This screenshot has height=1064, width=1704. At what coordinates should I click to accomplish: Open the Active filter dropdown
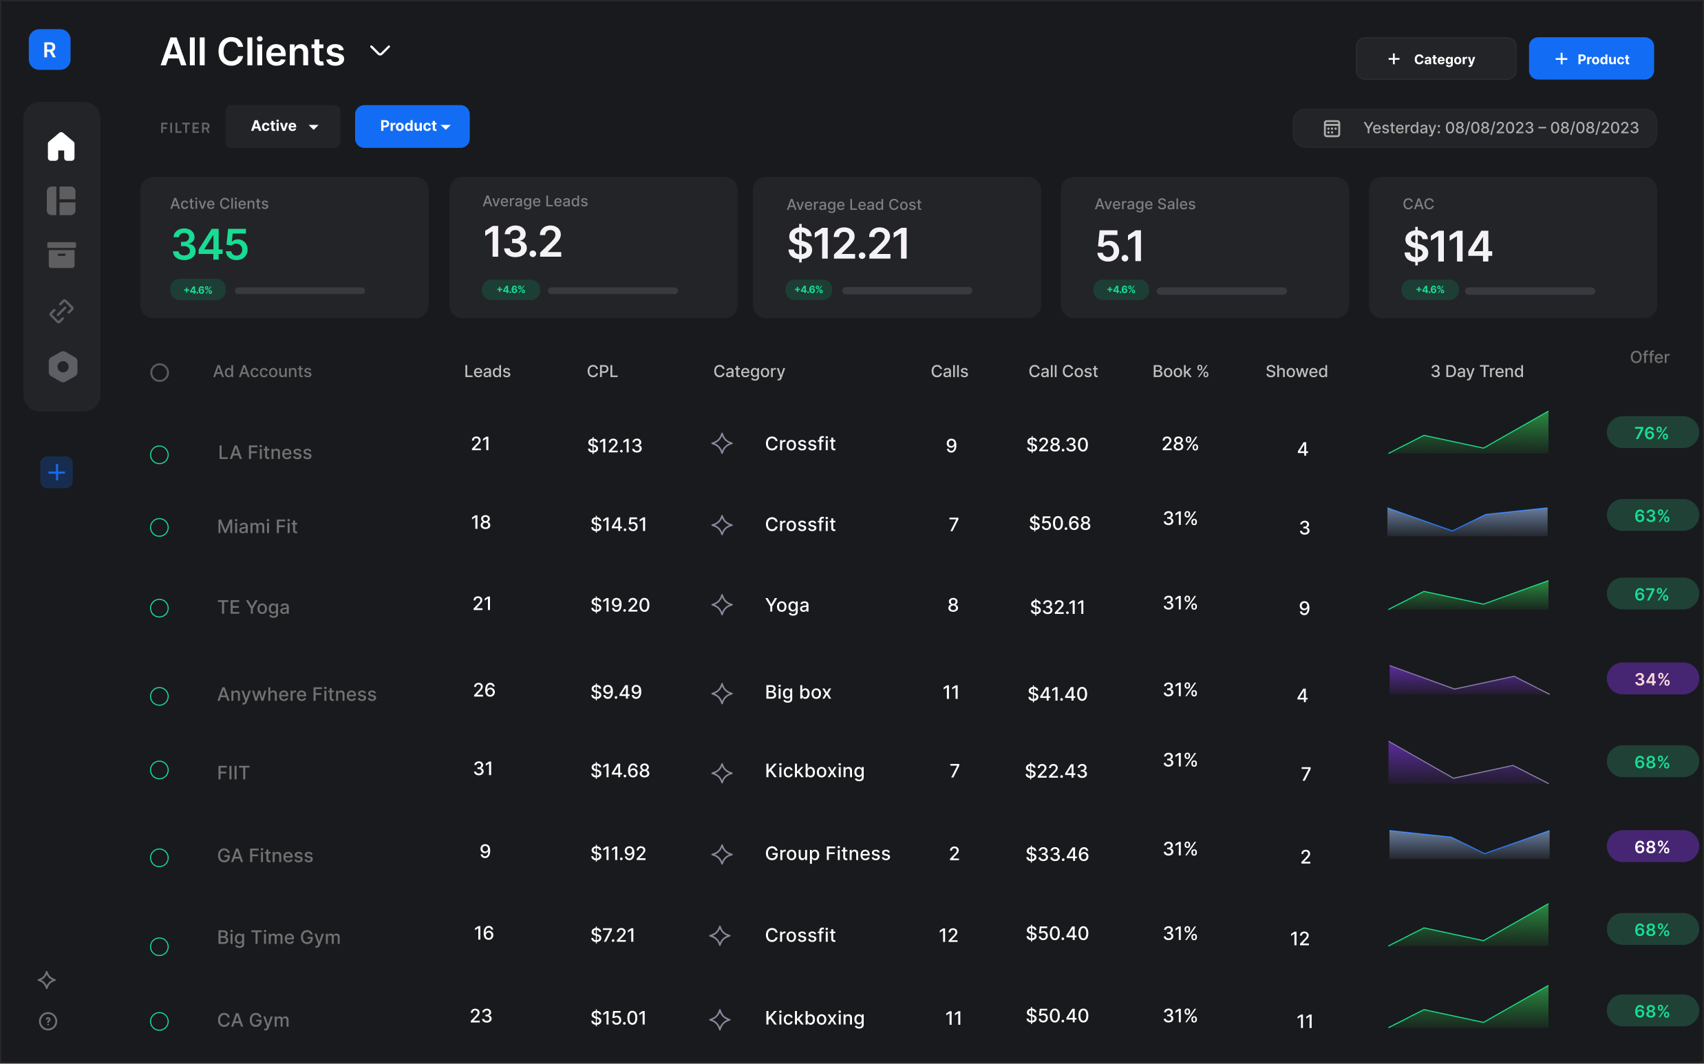point(284,127)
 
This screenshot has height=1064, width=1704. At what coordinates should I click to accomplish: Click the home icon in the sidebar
point(61,147)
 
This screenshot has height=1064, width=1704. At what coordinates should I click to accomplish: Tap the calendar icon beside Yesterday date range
point(1331,128)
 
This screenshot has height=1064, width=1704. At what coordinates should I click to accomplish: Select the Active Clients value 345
point(210,245)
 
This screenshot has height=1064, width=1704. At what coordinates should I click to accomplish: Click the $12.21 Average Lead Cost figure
point(848,244)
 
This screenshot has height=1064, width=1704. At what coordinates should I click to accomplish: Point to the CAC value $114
point(1447,247)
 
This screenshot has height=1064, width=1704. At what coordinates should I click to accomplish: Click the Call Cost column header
point(1063,372)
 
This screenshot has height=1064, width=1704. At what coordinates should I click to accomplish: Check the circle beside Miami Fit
point(160,528)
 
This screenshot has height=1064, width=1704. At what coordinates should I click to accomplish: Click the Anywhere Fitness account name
point(296,694)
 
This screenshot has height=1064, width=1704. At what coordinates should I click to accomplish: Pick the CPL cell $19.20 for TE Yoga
point(620,605)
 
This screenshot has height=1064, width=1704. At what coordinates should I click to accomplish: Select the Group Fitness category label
point(827,853)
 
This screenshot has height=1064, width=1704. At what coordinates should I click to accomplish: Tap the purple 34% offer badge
point(1651,679)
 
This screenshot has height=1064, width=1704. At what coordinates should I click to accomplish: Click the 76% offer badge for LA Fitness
point(1651,433)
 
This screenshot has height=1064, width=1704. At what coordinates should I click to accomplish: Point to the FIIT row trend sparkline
point(1469,763)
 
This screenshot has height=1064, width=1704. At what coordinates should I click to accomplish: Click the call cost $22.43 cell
point(1056,772)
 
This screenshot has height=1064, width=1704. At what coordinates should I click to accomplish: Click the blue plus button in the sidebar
point(57,472)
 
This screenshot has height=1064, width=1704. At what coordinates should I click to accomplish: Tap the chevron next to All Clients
point(380,51)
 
